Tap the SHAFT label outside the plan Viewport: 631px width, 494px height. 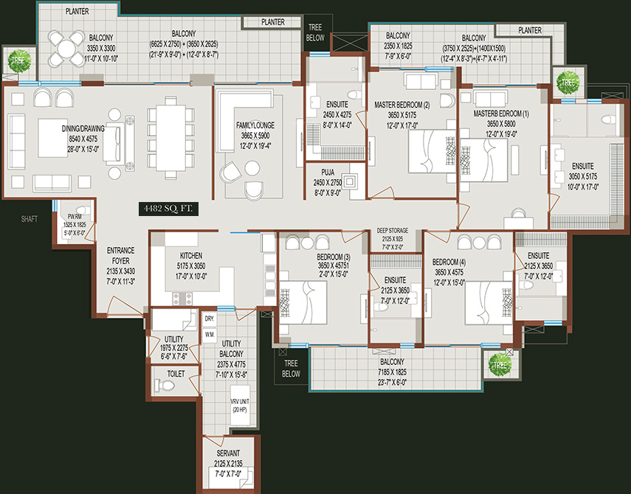tap(30, 218)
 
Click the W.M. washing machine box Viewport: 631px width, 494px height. tap(209, 334)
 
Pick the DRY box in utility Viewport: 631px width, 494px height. tap(209, 319)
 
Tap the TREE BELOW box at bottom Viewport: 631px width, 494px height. tap(291, 369)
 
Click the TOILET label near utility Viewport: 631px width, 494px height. tap(176, 374)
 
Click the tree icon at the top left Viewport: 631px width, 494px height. tap(18, 60)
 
